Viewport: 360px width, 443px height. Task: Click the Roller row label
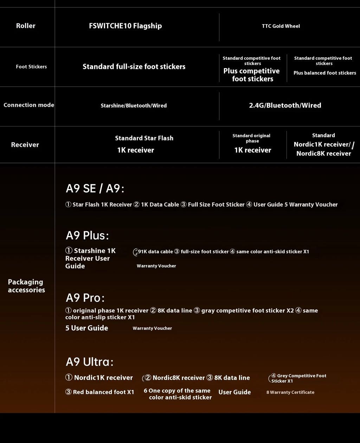point(26,26)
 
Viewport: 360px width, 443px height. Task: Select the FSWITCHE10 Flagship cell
point(126,26)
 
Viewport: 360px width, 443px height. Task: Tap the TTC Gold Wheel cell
point(281,26)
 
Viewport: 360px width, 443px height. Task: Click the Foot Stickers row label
point(31,67)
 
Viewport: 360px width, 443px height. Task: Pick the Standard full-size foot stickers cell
point(134,67)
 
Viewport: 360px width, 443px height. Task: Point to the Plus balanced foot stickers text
point(325,73)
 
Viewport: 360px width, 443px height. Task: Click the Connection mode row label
point(29,105)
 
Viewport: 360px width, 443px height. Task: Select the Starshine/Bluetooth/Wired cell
point(134,106)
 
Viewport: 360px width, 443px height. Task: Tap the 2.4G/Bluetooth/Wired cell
point(285,105)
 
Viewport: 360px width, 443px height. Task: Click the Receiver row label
point(25,145)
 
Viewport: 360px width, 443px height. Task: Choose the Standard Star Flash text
point(144,138)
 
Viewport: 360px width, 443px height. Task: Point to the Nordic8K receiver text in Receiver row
point(323,154)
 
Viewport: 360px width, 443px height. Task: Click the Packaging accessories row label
point(26,286)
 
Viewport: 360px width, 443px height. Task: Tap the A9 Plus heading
point(87,235)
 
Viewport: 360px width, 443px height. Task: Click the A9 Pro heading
point(85,298)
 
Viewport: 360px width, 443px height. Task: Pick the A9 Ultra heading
point(90,362)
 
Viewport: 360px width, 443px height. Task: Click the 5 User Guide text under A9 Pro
point(87,328)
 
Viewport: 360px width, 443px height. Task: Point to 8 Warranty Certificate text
point(290,392)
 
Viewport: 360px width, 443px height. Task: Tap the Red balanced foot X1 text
point(100,392)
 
